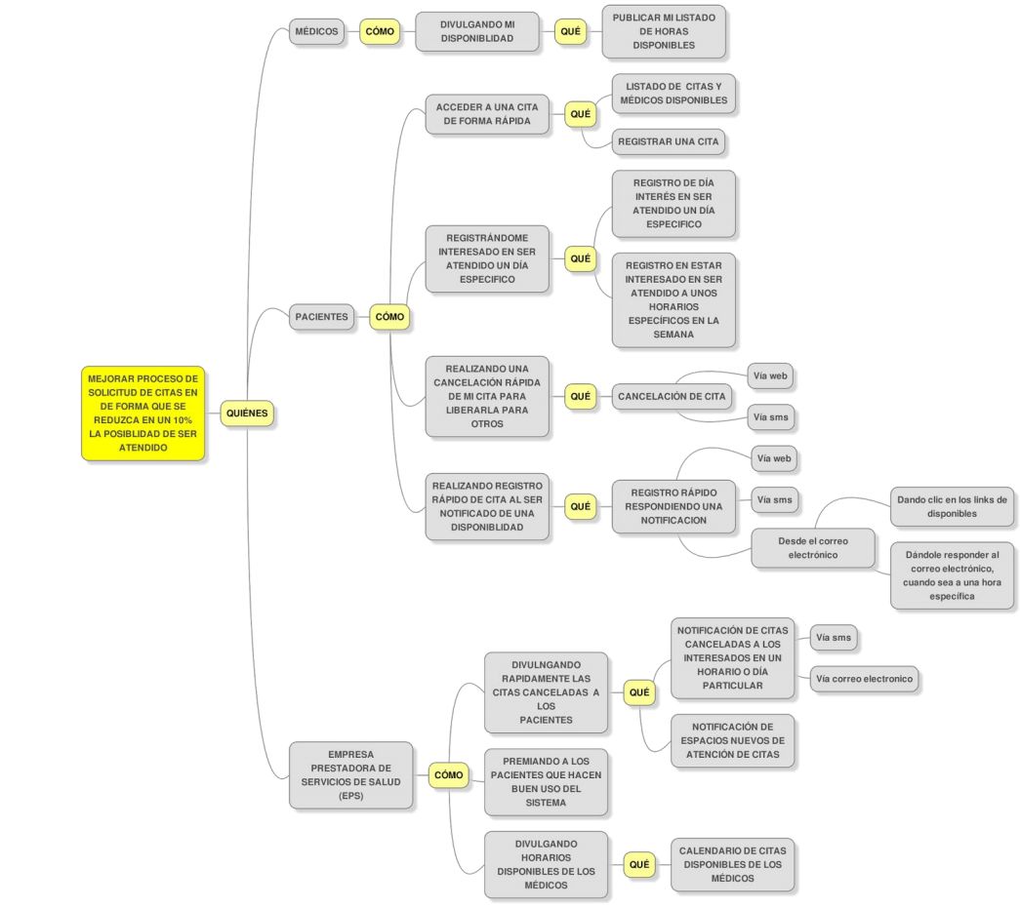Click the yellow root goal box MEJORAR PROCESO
(143, 414)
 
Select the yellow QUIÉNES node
(246, 414)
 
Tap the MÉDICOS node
(317, 31)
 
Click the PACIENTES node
(321, 317)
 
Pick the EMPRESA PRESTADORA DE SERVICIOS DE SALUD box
(350, 774)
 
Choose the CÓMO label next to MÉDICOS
(380, 31)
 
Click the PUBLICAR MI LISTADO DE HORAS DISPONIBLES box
(663, 31)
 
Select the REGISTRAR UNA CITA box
(668, 141)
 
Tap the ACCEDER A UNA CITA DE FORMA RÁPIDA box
(487, 114)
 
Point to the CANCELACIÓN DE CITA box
(672, 397)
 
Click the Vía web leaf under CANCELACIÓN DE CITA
(770, 375)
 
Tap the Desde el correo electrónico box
(812, 547)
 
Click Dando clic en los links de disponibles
(951, 506)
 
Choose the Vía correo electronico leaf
(864, 679)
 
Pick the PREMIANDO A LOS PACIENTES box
(546, 782)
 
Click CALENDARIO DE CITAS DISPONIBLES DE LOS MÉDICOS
(732, 864)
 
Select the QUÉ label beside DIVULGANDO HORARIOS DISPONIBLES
(639, 864)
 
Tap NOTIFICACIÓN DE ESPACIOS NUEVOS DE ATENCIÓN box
(732, 740)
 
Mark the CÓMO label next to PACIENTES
(389, 317)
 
